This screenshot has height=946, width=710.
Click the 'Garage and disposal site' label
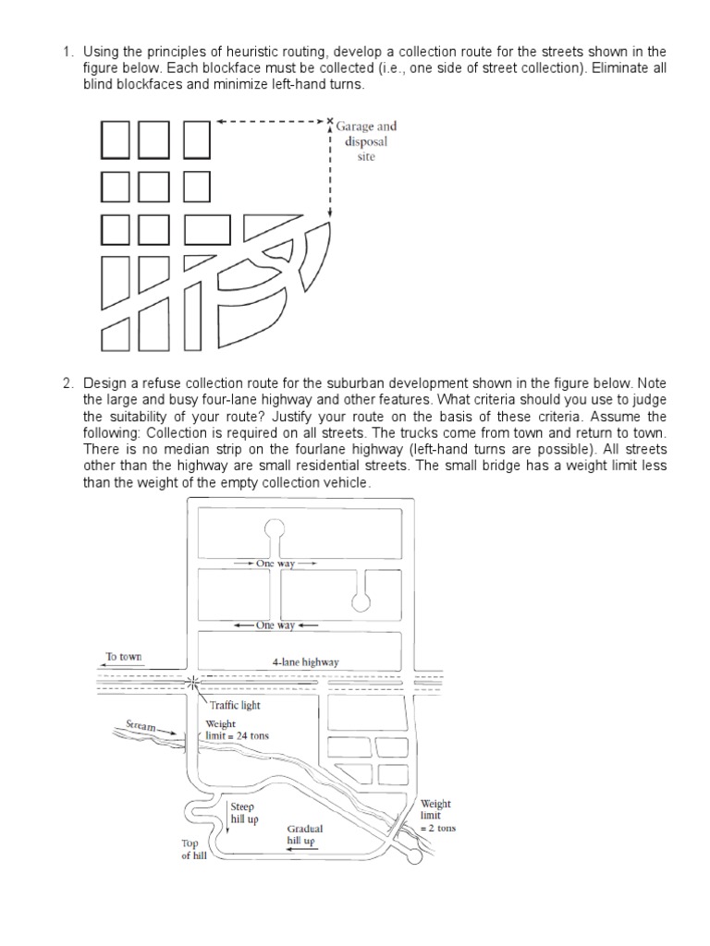[366, 141]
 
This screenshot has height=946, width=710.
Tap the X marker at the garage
[330, 121]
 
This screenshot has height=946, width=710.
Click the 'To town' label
[123, 657]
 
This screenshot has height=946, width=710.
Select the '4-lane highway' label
[305, 662]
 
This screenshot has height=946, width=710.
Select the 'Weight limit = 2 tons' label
[436, 816]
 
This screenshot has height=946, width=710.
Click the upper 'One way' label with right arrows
[275, 563]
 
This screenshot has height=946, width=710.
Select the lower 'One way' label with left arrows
[275, 625]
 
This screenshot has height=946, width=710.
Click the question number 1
[67, 50]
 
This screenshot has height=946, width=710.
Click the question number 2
[67, 382]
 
